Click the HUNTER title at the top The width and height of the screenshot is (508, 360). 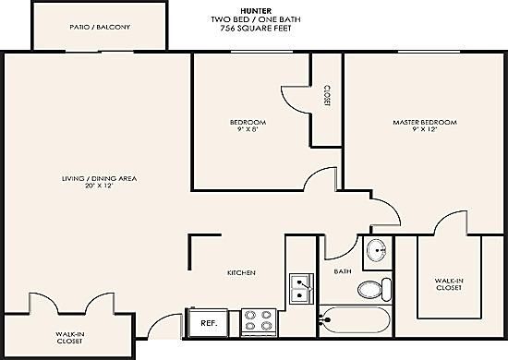point(256,11)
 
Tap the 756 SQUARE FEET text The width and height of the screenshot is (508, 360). point(256,29)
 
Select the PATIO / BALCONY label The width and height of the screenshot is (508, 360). point(100,27)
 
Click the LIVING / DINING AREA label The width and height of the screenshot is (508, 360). point(99,178)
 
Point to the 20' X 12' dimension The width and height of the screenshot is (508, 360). point(99,186)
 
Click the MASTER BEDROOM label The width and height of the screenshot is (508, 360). point(425,123)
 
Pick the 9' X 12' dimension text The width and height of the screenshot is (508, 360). point(425,129)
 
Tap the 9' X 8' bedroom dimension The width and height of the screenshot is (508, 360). point(248,129)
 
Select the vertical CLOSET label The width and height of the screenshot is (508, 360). point(327,96)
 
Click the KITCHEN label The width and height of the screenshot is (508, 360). point(241,273)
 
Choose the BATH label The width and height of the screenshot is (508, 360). point(343,271)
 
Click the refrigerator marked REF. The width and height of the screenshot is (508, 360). point(207,323)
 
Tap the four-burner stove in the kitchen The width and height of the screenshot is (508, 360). point(259,322)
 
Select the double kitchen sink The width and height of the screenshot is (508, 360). point(302,289)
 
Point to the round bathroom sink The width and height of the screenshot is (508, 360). point(377,250)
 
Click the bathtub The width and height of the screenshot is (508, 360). point(355,320)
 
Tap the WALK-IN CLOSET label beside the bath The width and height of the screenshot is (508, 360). point(448,284)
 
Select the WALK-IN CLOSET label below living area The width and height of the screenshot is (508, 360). point(69,338)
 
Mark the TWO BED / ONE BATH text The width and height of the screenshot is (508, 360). point(256,19)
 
